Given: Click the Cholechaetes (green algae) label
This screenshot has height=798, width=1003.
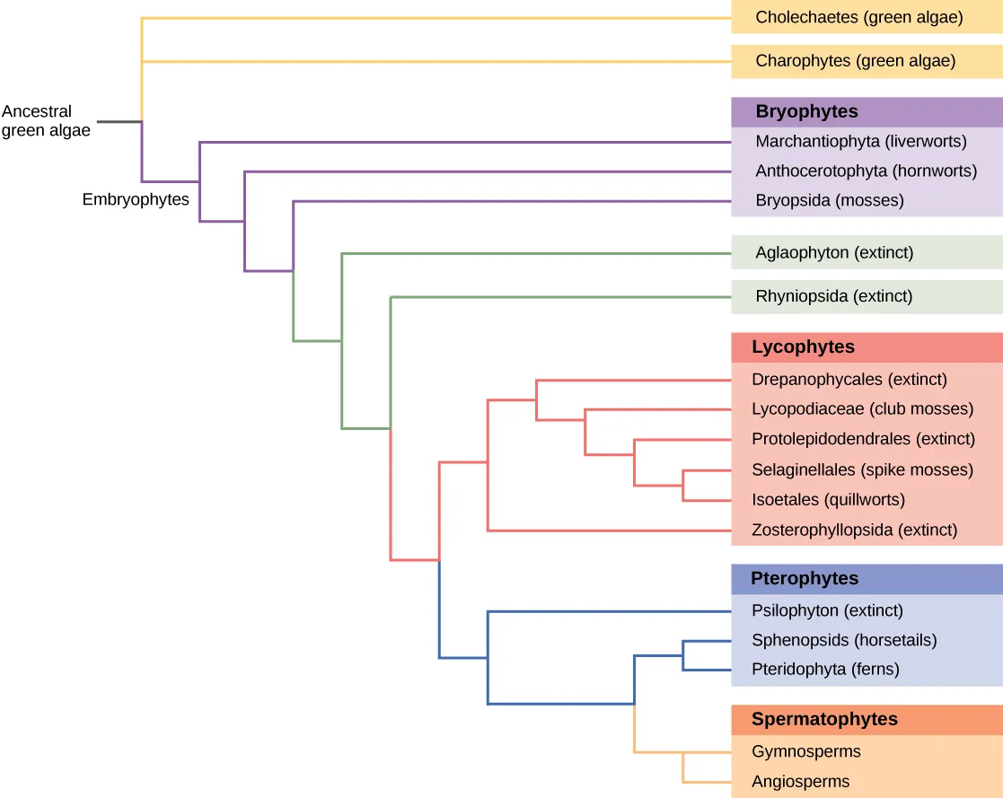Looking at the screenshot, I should (x=859, y=17).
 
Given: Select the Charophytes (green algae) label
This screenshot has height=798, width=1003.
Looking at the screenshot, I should (x=855, y=61).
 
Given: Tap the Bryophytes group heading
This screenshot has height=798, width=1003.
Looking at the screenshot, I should (x=806, y=112).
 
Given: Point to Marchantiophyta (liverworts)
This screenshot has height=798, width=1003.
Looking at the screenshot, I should (x=860, y=142).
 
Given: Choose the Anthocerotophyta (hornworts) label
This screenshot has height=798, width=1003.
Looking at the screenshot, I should (x=866, y=171).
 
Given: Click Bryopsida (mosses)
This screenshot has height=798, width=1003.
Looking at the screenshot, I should (x=829, y=200).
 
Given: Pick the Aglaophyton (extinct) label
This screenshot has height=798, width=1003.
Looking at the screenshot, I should (x=834, y=252).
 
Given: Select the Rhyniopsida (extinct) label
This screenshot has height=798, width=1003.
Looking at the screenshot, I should (x=833, y=295).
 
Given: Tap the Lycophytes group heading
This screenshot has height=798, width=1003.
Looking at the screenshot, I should (x=803, y=347).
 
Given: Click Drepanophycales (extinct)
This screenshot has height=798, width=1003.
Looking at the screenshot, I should (x=849, y=380).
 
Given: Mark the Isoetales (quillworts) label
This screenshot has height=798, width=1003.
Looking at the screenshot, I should (x=828, y=499).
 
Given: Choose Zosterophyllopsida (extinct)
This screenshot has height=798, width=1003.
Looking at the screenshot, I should (x=854, y=531).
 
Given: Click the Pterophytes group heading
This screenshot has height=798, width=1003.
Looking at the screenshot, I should (x=805, y=579).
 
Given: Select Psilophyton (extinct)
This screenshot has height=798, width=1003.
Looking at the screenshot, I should (x=827, y=610).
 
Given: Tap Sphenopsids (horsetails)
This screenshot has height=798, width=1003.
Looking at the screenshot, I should (x=844, y=640).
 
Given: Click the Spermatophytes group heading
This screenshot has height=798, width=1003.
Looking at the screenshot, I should (x=824, y=719).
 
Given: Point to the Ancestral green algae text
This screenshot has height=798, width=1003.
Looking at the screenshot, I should (x=46, y=121).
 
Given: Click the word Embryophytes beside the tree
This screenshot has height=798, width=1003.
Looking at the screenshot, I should (x=136, y=200).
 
